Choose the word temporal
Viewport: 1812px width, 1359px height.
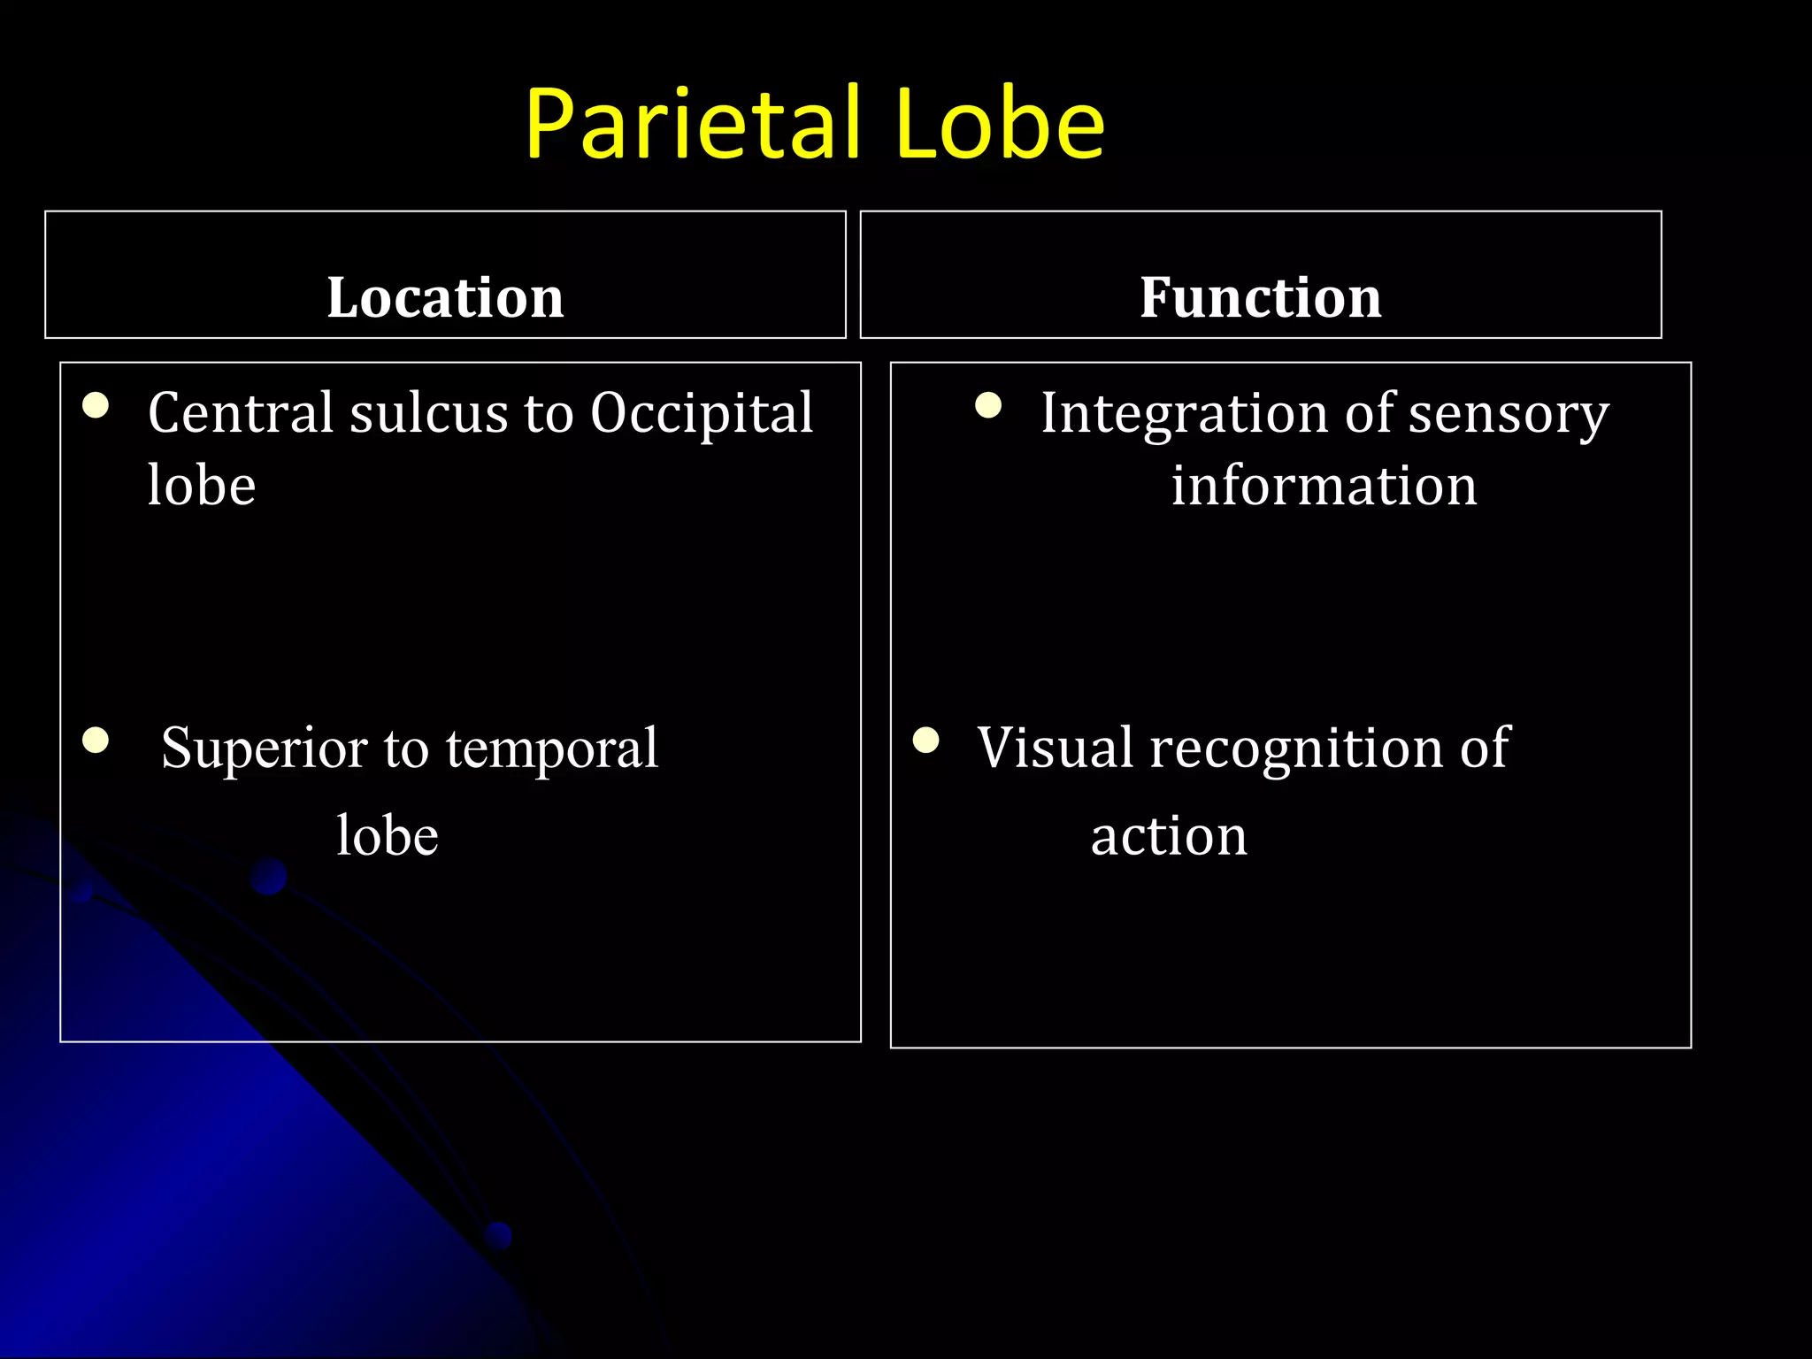click(x=552, y=749)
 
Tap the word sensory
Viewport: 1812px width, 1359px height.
click(x=1509, y=414)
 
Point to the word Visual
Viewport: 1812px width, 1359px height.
click(x=1054, y=748)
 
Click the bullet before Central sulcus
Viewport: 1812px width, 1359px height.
click(x=96, y=406)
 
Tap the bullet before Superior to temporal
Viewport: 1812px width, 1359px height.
click(x=96, y=740)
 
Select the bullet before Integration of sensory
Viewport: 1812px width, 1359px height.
click(x=988, y=406)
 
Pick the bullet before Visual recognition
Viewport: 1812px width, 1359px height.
click(x=926, y=740)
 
